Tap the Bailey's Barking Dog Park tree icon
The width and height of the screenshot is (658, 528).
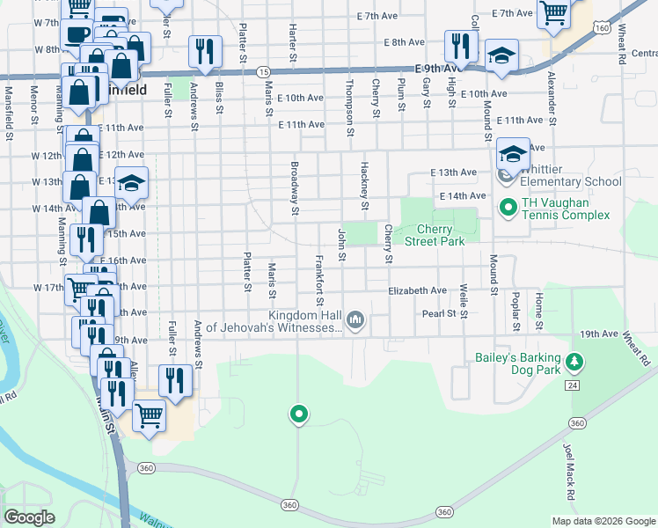pyautogui.click(x=574, y=362)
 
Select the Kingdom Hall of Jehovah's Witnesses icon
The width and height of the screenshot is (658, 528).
pyautogui.click(x=355, y=319)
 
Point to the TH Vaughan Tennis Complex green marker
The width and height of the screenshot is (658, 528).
pyautogui.click(x=508, y=209)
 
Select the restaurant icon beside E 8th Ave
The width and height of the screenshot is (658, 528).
pyautogui.click(x=461, y=45)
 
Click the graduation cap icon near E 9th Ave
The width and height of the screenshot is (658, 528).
pyautogui.click(x=501, y=55)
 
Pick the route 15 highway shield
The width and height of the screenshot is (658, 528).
pyautogui.click(x=262, y=70)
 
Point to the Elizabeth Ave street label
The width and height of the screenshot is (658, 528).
pyautogui.click(x=418, y=290)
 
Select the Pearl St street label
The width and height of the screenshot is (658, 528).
pyautogui.click(x=439, y=312)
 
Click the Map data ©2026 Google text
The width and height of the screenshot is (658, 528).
pyautogui.click(x=603, y=520)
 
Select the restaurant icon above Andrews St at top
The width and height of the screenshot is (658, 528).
pyautogui.click(x=205, y=51)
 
